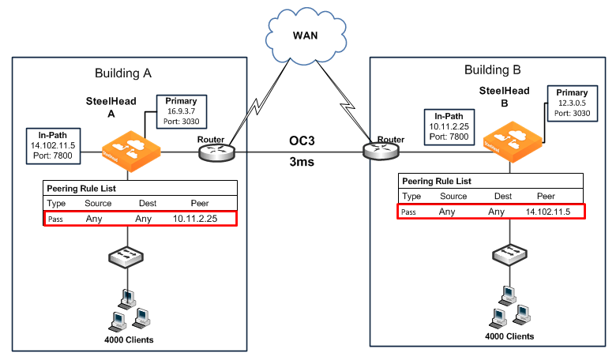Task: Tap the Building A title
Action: (122, 73)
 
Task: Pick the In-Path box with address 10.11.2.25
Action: (451, 126)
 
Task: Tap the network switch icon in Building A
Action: (129, 257)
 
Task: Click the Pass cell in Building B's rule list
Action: (408, 212)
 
